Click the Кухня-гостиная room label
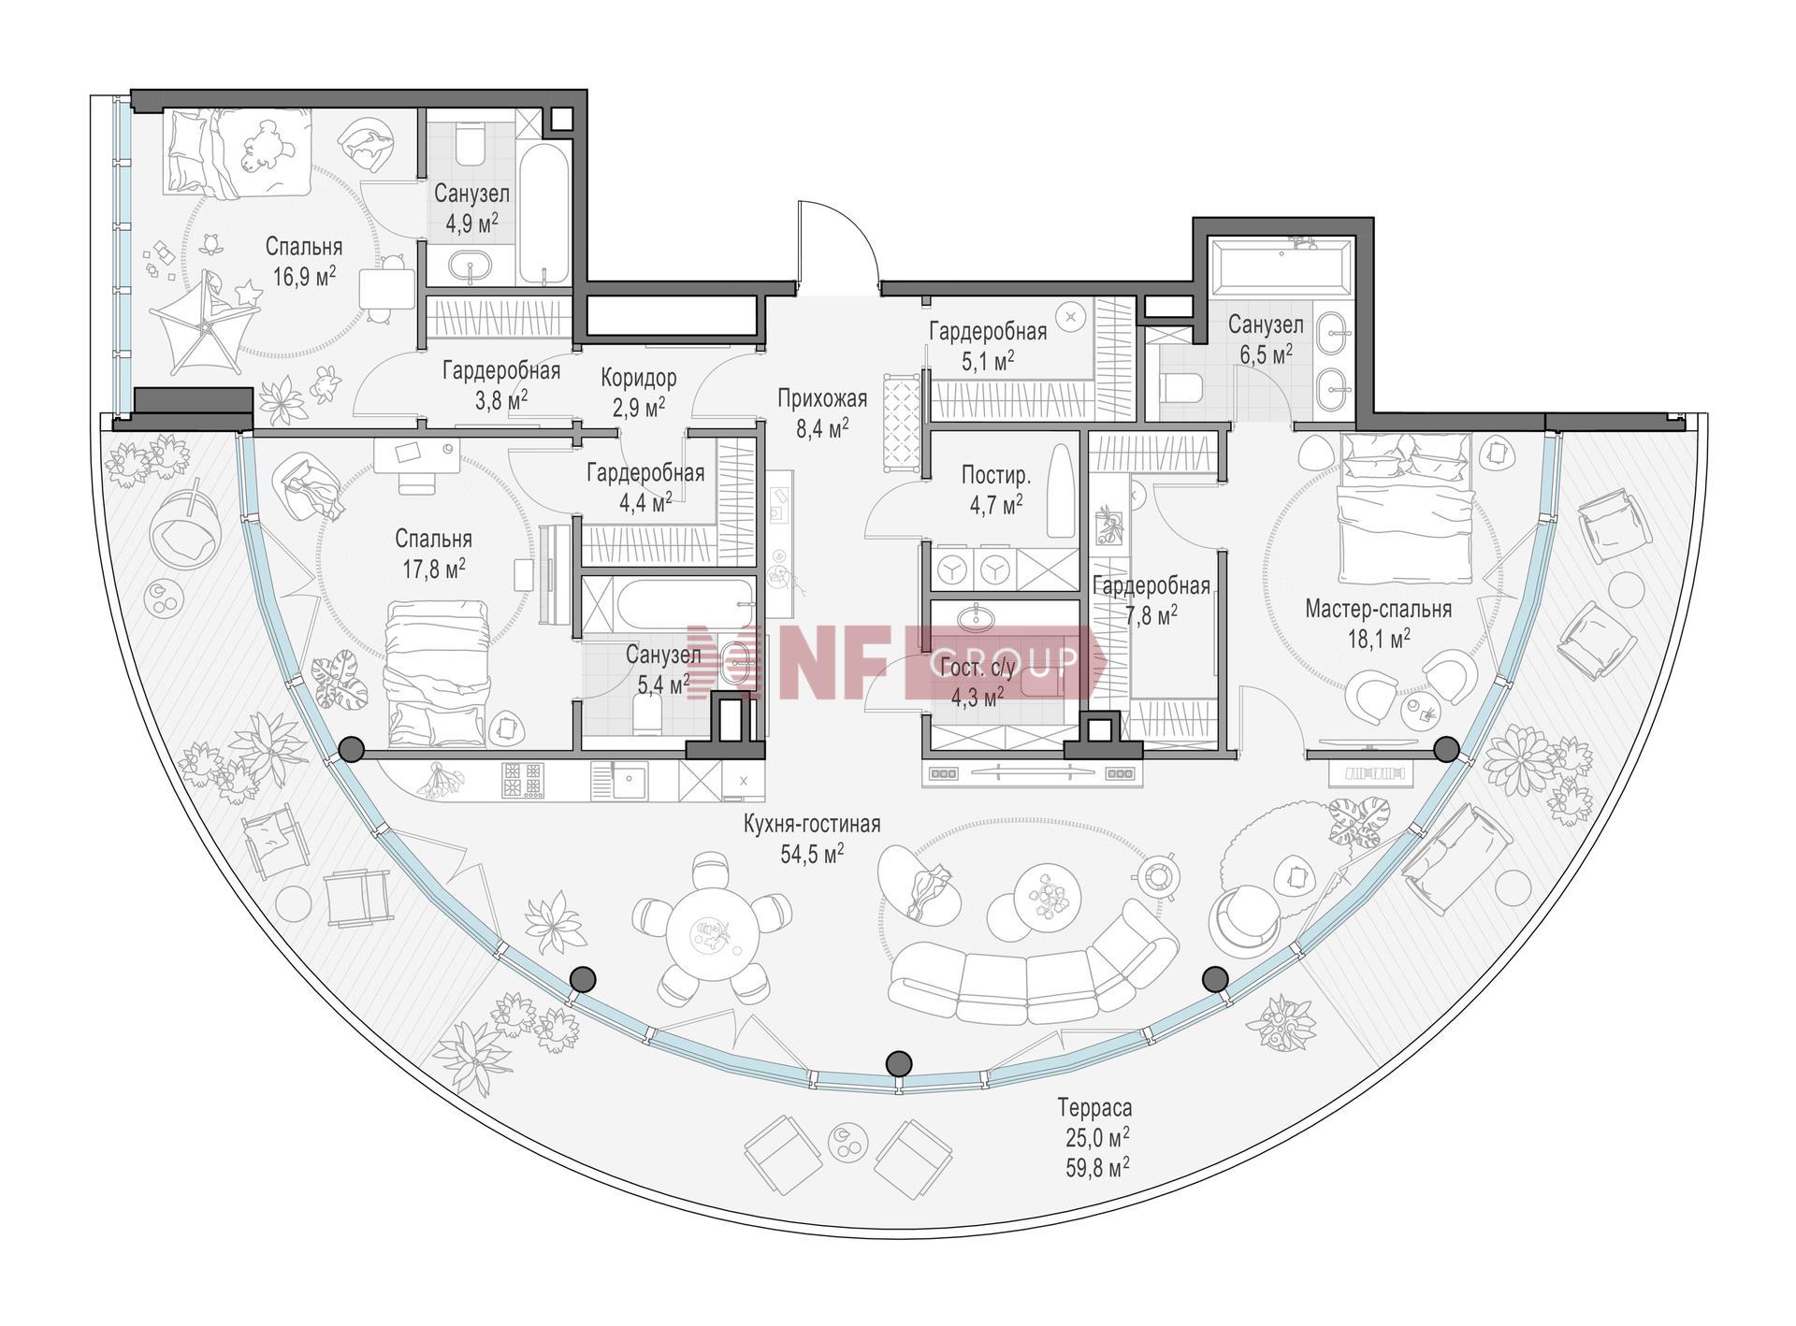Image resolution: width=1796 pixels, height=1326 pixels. point(812,824)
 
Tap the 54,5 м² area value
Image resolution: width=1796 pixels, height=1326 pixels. point(812,852)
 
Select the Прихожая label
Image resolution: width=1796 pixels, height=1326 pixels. point(822,399)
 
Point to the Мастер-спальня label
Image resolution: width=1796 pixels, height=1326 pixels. point(1378,610)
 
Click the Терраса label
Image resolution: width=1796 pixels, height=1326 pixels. point(1094,1108)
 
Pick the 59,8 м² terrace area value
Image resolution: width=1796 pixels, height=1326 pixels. point(1094,1166)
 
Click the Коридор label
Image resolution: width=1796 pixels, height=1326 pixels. point(638,379)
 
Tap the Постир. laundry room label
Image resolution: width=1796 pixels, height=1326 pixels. point(996,476)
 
